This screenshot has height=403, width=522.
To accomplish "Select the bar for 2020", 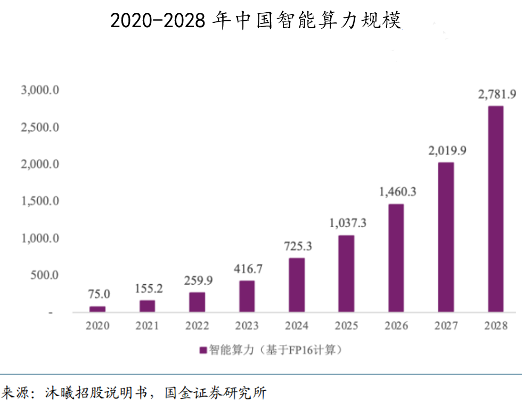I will click(97, 309).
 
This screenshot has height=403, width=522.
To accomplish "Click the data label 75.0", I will click(99, 294).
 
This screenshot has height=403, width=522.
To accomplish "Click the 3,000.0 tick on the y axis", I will click(40, 91).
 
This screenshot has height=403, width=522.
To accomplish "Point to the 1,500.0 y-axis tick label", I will click(40, 201).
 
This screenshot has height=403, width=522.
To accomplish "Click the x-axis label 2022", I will click(197, 326).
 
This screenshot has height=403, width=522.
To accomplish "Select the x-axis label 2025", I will click(346, 326).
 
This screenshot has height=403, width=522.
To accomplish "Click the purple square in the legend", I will click(203, 350).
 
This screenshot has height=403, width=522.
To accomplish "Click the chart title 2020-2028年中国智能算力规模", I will click(256, 20).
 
